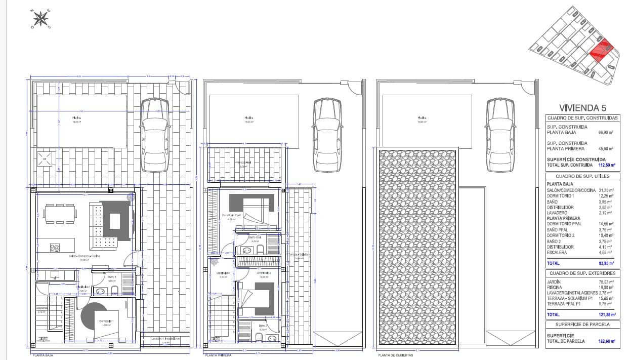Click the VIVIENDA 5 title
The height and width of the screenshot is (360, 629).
coord(582,107)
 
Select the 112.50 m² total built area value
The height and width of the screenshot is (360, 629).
coord(604,165)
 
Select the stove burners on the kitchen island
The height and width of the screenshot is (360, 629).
coord(55,248)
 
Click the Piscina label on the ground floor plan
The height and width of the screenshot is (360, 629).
coord(76,117)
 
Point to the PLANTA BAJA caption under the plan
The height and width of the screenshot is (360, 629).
coord(43,355)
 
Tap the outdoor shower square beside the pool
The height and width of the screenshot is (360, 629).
coord(46,159)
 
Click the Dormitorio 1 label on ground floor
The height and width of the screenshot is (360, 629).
coord(106,322)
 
